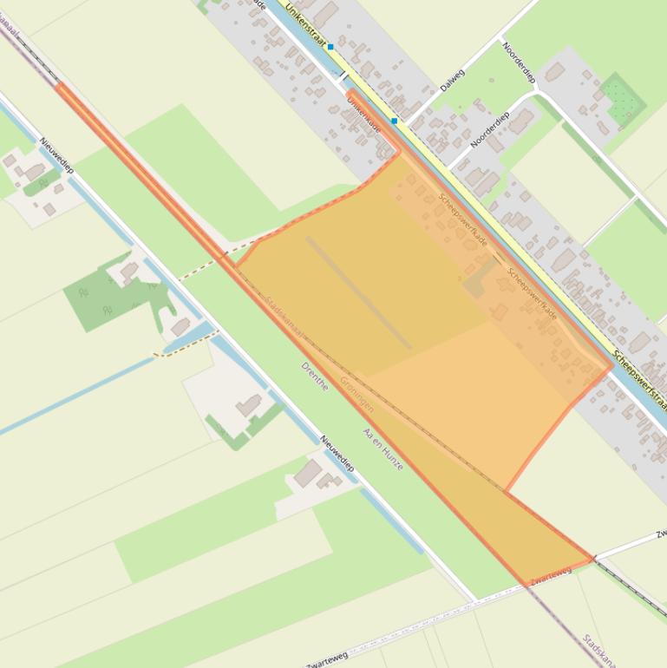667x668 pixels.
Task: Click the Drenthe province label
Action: coord(315,376)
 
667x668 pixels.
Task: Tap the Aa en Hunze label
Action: coord(383,449)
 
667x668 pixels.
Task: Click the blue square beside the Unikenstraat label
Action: coord(330,48)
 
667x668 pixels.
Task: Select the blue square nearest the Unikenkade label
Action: coord(395,121)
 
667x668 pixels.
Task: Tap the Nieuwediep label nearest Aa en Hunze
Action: coord(337,454)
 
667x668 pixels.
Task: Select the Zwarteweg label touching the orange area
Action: coord(550,575)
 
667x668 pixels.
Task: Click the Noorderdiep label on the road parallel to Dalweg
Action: coord(489,129)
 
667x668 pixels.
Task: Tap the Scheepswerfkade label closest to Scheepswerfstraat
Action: coord(532,292)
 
